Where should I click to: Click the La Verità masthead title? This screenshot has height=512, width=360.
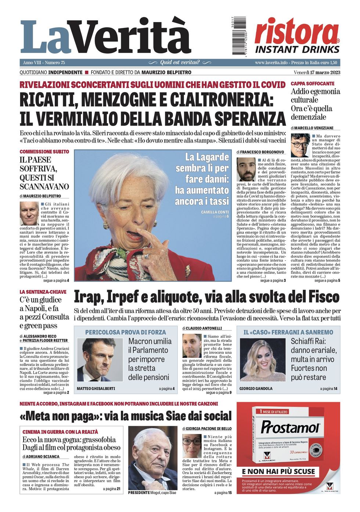point(106,37)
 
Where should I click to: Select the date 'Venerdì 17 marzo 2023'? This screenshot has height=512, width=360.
point(317,72)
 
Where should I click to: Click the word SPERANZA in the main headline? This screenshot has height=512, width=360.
point(250,118)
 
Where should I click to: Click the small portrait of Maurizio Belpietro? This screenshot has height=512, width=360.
point(29,213)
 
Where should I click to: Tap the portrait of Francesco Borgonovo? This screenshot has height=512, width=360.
point(246,169)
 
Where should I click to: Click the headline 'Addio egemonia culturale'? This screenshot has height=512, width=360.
point(315,95)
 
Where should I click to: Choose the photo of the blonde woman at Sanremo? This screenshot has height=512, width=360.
point(263,360)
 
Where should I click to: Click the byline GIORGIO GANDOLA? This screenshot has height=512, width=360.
point(256,388)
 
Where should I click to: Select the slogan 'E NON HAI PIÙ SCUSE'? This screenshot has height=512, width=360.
point(278,472)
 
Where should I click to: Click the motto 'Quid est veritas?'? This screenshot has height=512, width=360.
point(180,63)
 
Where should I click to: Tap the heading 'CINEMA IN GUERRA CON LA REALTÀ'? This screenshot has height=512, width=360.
point(60,432)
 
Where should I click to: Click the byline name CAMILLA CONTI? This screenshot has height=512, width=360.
point(215,212)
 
